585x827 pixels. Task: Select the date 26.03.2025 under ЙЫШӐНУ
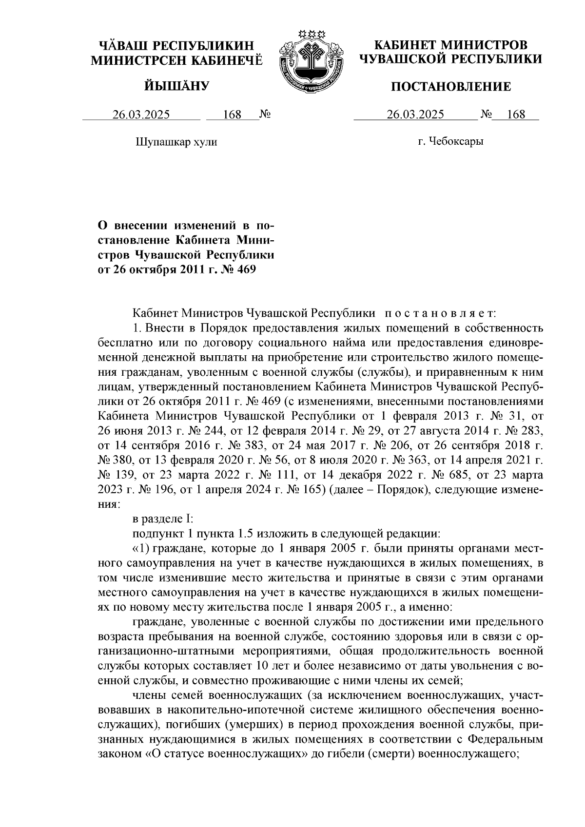(141, 115)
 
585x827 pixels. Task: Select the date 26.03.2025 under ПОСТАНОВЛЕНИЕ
(415, 115)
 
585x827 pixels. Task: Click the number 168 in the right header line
(516, 115)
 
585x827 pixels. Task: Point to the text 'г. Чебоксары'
(450, 142)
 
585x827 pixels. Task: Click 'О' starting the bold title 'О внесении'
(103, 226)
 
